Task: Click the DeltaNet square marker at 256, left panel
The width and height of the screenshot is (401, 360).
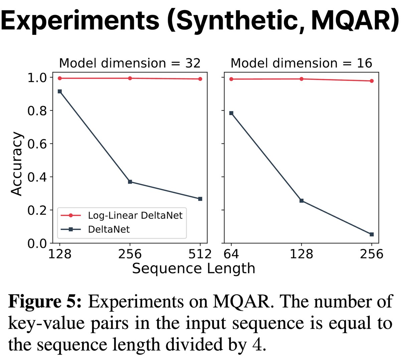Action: [x=130, y=182]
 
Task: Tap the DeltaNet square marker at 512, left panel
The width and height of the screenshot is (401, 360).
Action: [x=200, y=199]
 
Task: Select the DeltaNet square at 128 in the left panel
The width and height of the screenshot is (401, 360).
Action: [x=60, y=91]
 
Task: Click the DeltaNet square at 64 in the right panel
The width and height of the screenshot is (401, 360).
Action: [x=231, y=113]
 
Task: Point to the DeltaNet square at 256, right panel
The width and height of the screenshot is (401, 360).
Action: [x=372, y=234]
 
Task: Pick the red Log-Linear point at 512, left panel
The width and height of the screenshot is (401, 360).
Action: [x=200, y=79]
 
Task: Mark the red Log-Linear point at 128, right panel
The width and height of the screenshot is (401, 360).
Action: [x=301, y=79]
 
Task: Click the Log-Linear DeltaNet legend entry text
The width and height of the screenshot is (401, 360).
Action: [x=135, y=215]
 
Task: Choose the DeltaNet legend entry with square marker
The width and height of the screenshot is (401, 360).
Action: [x=109, y=229]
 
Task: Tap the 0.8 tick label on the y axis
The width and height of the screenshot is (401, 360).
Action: [x=37, y=111]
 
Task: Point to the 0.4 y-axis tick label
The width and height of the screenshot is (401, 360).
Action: [x=37, y=177]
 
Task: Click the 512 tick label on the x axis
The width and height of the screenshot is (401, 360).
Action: [x=200, y=254]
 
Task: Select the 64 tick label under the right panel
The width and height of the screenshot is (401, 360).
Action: [x=231, y=254]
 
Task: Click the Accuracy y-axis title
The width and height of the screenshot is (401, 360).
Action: [x=16, y=164]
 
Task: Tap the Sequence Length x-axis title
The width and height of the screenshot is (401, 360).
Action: [x=193, y=269]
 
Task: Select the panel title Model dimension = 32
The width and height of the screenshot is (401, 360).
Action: [x=130, y=63]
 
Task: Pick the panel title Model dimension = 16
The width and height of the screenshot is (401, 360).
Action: [x=301, y=63]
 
